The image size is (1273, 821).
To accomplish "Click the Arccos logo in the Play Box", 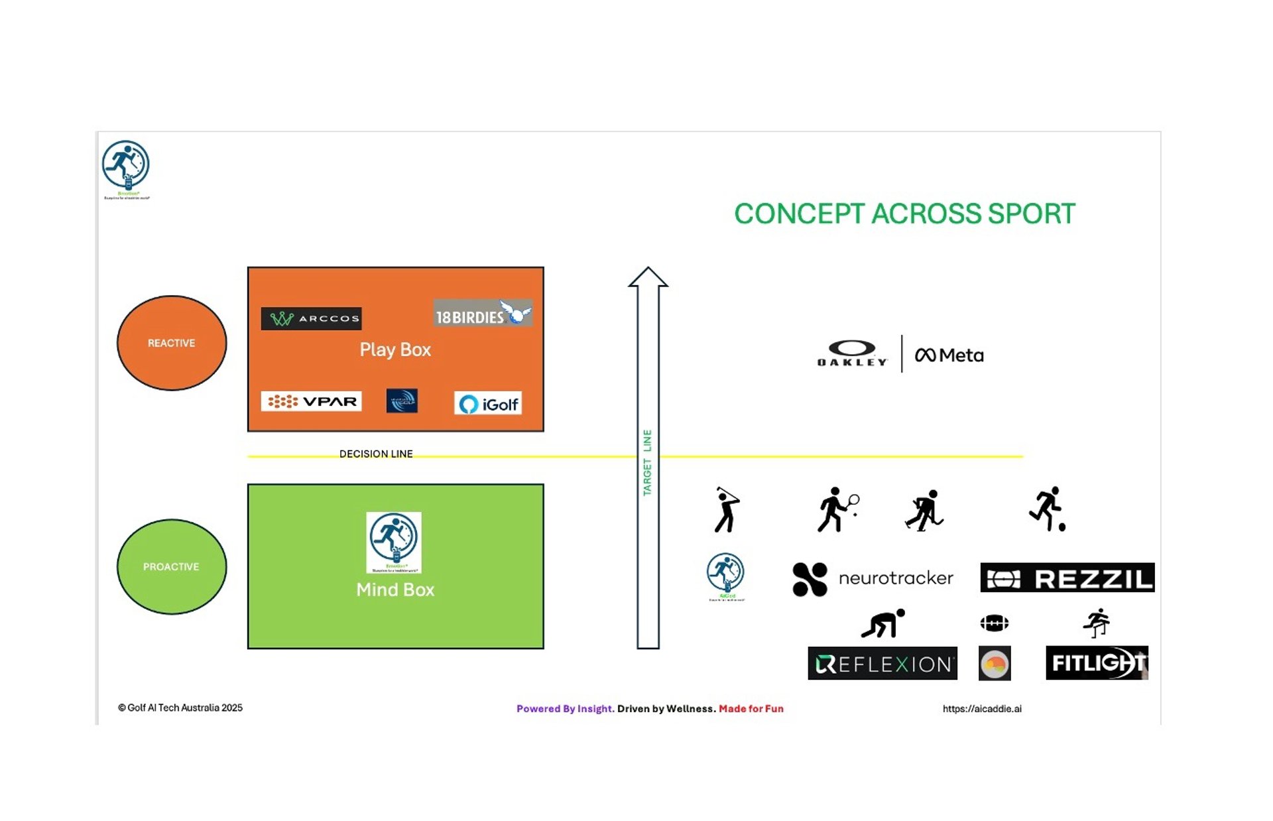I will (311, 318).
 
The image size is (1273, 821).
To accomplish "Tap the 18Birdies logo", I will (483, 313).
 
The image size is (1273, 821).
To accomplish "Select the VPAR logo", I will (311, 401).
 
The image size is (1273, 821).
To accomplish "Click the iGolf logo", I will (488, 403).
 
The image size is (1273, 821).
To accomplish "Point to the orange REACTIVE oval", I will (172, 343).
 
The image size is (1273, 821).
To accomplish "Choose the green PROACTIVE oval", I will (172, 566).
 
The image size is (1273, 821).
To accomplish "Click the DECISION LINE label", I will (376, 454).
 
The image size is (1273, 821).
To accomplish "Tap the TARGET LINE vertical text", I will (647, 462).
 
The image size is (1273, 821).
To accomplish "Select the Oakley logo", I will (853, 353).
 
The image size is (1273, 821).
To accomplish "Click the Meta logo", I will (949, 355).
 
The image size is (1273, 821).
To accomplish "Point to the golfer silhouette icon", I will (727, 509).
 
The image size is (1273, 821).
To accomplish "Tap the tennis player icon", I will (837, 509).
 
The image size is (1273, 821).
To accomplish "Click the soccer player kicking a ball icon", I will (1048, 509).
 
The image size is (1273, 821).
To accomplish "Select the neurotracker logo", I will (873, 579).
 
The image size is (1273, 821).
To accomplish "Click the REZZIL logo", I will (1067, 578).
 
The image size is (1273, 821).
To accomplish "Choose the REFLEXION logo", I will (882, 663).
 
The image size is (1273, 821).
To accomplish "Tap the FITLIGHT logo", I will (1096, 663).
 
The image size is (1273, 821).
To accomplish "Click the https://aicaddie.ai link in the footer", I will (982, 708).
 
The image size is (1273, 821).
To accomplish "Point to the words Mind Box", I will (395, 590).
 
